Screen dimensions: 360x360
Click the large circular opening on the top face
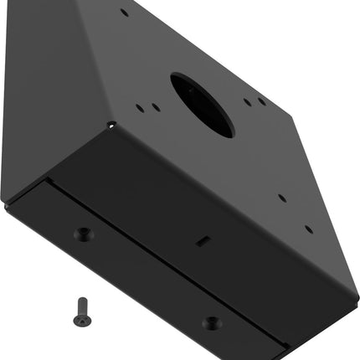pos(202,104)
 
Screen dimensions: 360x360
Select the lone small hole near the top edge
pos(125,13)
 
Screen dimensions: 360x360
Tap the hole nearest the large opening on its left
pos(157,107)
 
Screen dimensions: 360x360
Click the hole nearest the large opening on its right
pos(247,102)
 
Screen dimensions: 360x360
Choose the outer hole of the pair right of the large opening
pos(263,102)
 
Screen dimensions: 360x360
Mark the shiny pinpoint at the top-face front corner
pos(112,126)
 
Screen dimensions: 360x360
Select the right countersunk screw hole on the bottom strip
pos(211,322)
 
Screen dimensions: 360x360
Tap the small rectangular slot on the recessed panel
pos(201,239)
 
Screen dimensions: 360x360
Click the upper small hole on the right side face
pos(282,198)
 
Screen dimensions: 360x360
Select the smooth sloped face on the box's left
pos(50,92)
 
